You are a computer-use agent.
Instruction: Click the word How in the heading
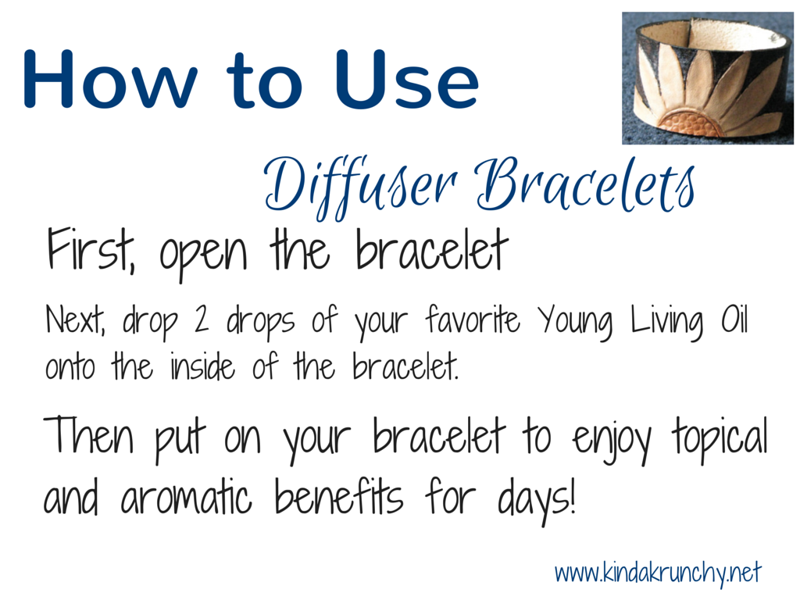pos(110,79)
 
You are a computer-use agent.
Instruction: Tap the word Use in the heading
pos(407,79)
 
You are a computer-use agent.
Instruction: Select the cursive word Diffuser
pos(360,186)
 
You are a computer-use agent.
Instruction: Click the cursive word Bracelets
pos(584,184)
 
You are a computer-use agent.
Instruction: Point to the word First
pos(91,249)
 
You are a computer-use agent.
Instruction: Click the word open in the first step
pos(203,255)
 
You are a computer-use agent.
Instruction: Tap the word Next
pos(76,320)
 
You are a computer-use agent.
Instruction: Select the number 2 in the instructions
pos(201,319)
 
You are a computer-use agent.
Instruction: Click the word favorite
pos(473,319)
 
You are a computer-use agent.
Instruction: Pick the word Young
pos(575,323)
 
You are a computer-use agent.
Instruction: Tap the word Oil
pos(734,319)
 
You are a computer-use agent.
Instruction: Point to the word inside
pos(202,366)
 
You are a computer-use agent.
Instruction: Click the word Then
pos(89,434)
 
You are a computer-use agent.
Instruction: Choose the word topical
pos(720,437)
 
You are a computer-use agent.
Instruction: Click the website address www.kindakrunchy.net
pos(658,573)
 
